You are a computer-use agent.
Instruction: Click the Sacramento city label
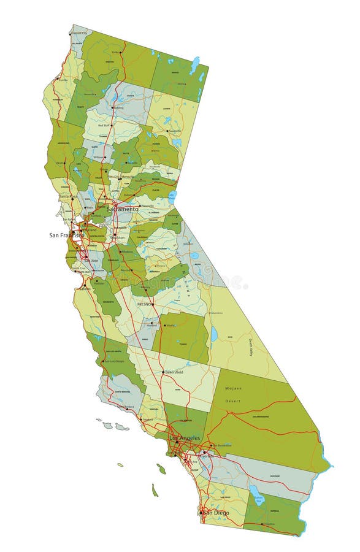pyautogui.click(x=123, y=209)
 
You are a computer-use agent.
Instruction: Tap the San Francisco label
pyautogui.click(x=66, y=235)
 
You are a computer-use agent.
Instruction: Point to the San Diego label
pyautogui.click(x=216, y=512)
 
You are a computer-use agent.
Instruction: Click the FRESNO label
pyautogui.click(x=144, y=304)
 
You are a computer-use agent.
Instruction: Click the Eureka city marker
pyautogui.click(x=56, y=80)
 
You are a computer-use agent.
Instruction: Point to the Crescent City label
pyautogui.click(x=77, y=33)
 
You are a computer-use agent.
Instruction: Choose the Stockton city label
pyautogui.click(x=117, y=237)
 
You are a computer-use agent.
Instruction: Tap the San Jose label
pyautogui.click(x=91, y=260)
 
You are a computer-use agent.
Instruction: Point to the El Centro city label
pyautogui.click(x=269, y=524)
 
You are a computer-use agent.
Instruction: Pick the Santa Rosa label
pyautogui.click(x=67, y=196)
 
